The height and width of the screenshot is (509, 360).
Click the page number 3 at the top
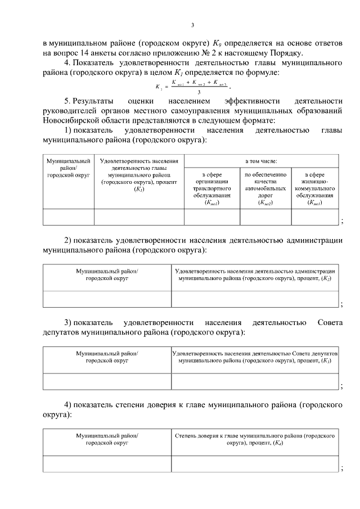tap(192, 25)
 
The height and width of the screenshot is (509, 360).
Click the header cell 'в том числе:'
tap(261, 161)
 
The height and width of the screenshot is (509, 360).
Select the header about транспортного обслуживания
tap(211, 188)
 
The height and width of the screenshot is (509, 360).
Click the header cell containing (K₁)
tap(138, 175)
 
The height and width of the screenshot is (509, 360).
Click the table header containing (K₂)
tap(255, 274)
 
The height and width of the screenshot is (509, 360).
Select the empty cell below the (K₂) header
tap(255, 299)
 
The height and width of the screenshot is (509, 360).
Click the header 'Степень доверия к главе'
tap(255, 439)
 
